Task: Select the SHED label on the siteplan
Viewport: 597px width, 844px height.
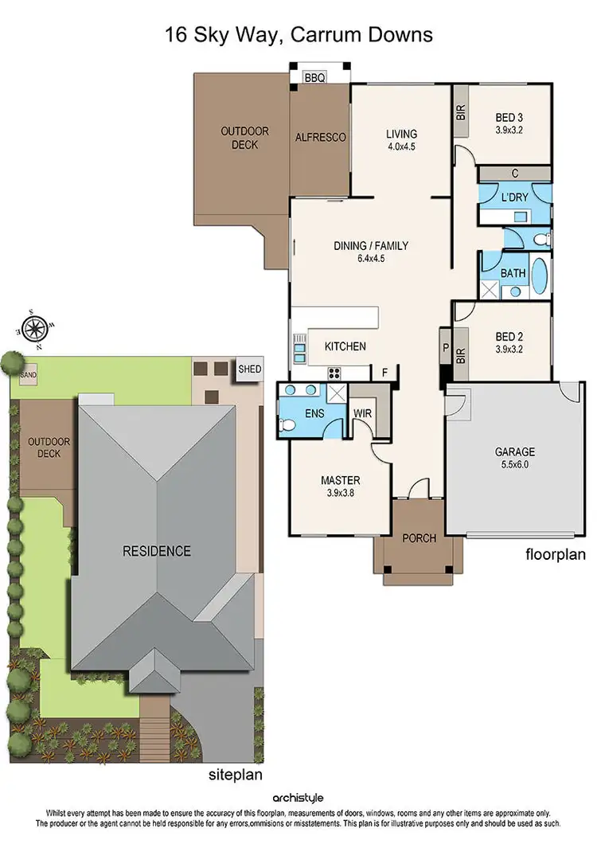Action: [249, 369]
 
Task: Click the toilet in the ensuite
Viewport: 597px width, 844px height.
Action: [288, 425]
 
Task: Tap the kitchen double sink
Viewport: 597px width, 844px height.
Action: [299, 348]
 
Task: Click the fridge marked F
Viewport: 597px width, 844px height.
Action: [385, 373]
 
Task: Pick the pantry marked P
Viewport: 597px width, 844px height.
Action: [444, 348]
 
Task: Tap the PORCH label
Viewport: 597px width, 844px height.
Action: [419, 538]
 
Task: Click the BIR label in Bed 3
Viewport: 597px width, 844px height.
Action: [460, 113]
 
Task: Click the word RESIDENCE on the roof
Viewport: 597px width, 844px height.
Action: [156, 551]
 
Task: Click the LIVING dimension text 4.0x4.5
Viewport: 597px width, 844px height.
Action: [401, 147]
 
